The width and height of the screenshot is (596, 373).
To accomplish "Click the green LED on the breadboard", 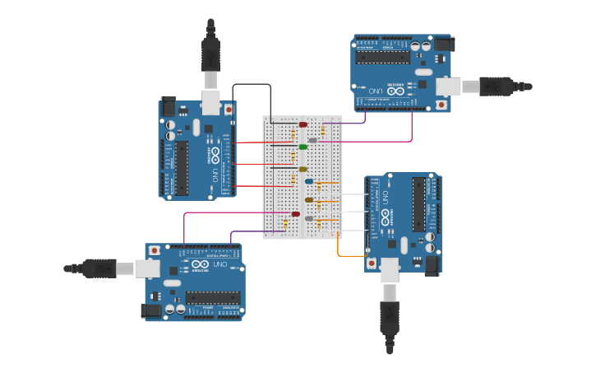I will click(303, 147).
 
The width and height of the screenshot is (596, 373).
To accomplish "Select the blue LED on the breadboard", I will click(309, 181).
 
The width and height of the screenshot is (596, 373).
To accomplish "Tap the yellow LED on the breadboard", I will click(303, 169).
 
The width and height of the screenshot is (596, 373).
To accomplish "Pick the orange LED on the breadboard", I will click(309, 199).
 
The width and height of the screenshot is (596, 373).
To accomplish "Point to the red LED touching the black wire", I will click(303, 124).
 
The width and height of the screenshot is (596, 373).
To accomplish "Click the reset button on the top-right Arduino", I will click(441, 105).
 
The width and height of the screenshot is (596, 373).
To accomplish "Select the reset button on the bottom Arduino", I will click(154, 249).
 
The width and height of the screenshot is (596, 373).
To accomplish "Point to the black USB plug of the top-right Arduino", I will click(497, 86).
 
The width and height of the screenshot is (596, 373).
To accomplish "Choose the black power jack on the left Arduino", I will click(169, 106).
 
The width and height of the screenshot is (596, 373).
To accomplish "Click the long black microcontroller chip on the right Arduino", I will click(418, 204).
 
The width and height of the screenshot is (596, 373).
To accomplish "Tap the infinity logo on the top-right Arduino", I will click(395, 91).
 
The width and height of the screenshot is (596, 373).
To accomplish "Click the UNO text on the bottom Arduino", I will click(221, 265).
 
